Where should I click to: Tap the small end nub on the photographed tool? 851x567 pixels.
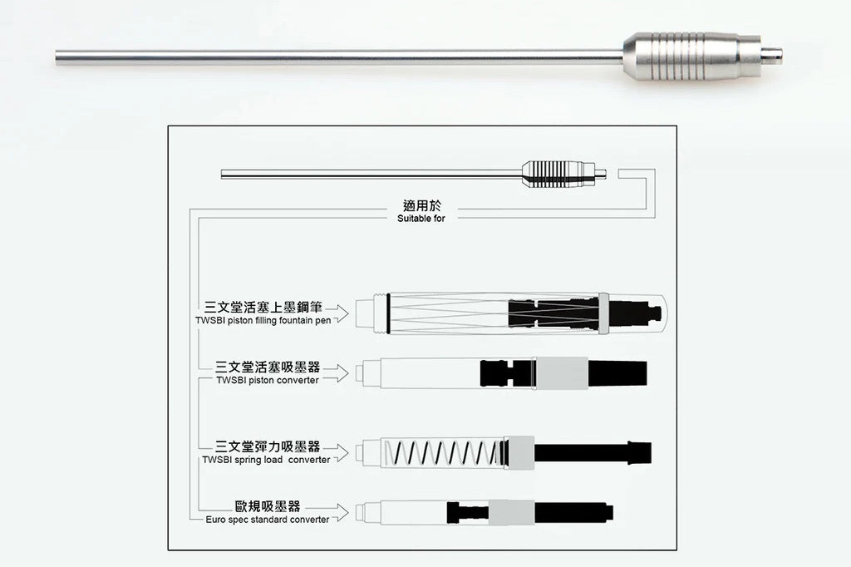point(771,54)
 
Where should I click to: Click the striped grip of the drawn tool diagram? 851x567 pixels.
point(553,174)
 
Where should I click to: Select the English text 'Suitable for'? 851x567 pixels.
point(421,219)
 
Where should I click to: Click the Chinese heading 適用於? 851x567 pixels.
point(421,205)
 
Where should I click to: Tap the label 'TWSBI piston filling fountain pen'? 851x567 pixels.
point(263,320)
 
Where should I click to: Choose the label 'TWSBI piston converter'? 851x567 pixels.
point(268,380)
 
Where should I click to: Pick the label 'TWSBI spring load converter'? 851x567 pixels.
point(266,460)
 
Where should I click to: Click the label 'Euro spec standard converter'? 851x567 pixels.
point(267,520)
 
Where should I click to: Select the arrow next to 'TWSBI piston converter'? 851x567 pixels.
point(337,373)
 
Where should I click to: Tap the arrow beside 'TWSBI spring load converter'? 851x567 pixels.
point(337,452)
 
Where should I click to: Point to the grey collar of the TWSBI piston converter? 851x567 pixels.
point(561,373)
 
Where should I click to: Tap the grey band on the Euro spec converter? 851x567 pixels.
point(511,513)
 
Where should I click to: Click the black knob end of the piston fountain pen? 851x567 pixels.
point(635,313)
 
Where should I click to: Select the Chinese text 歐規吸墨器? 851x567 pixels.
point(268,506)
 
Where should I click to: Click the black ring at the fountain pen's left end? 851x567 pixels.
point(389,313)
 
